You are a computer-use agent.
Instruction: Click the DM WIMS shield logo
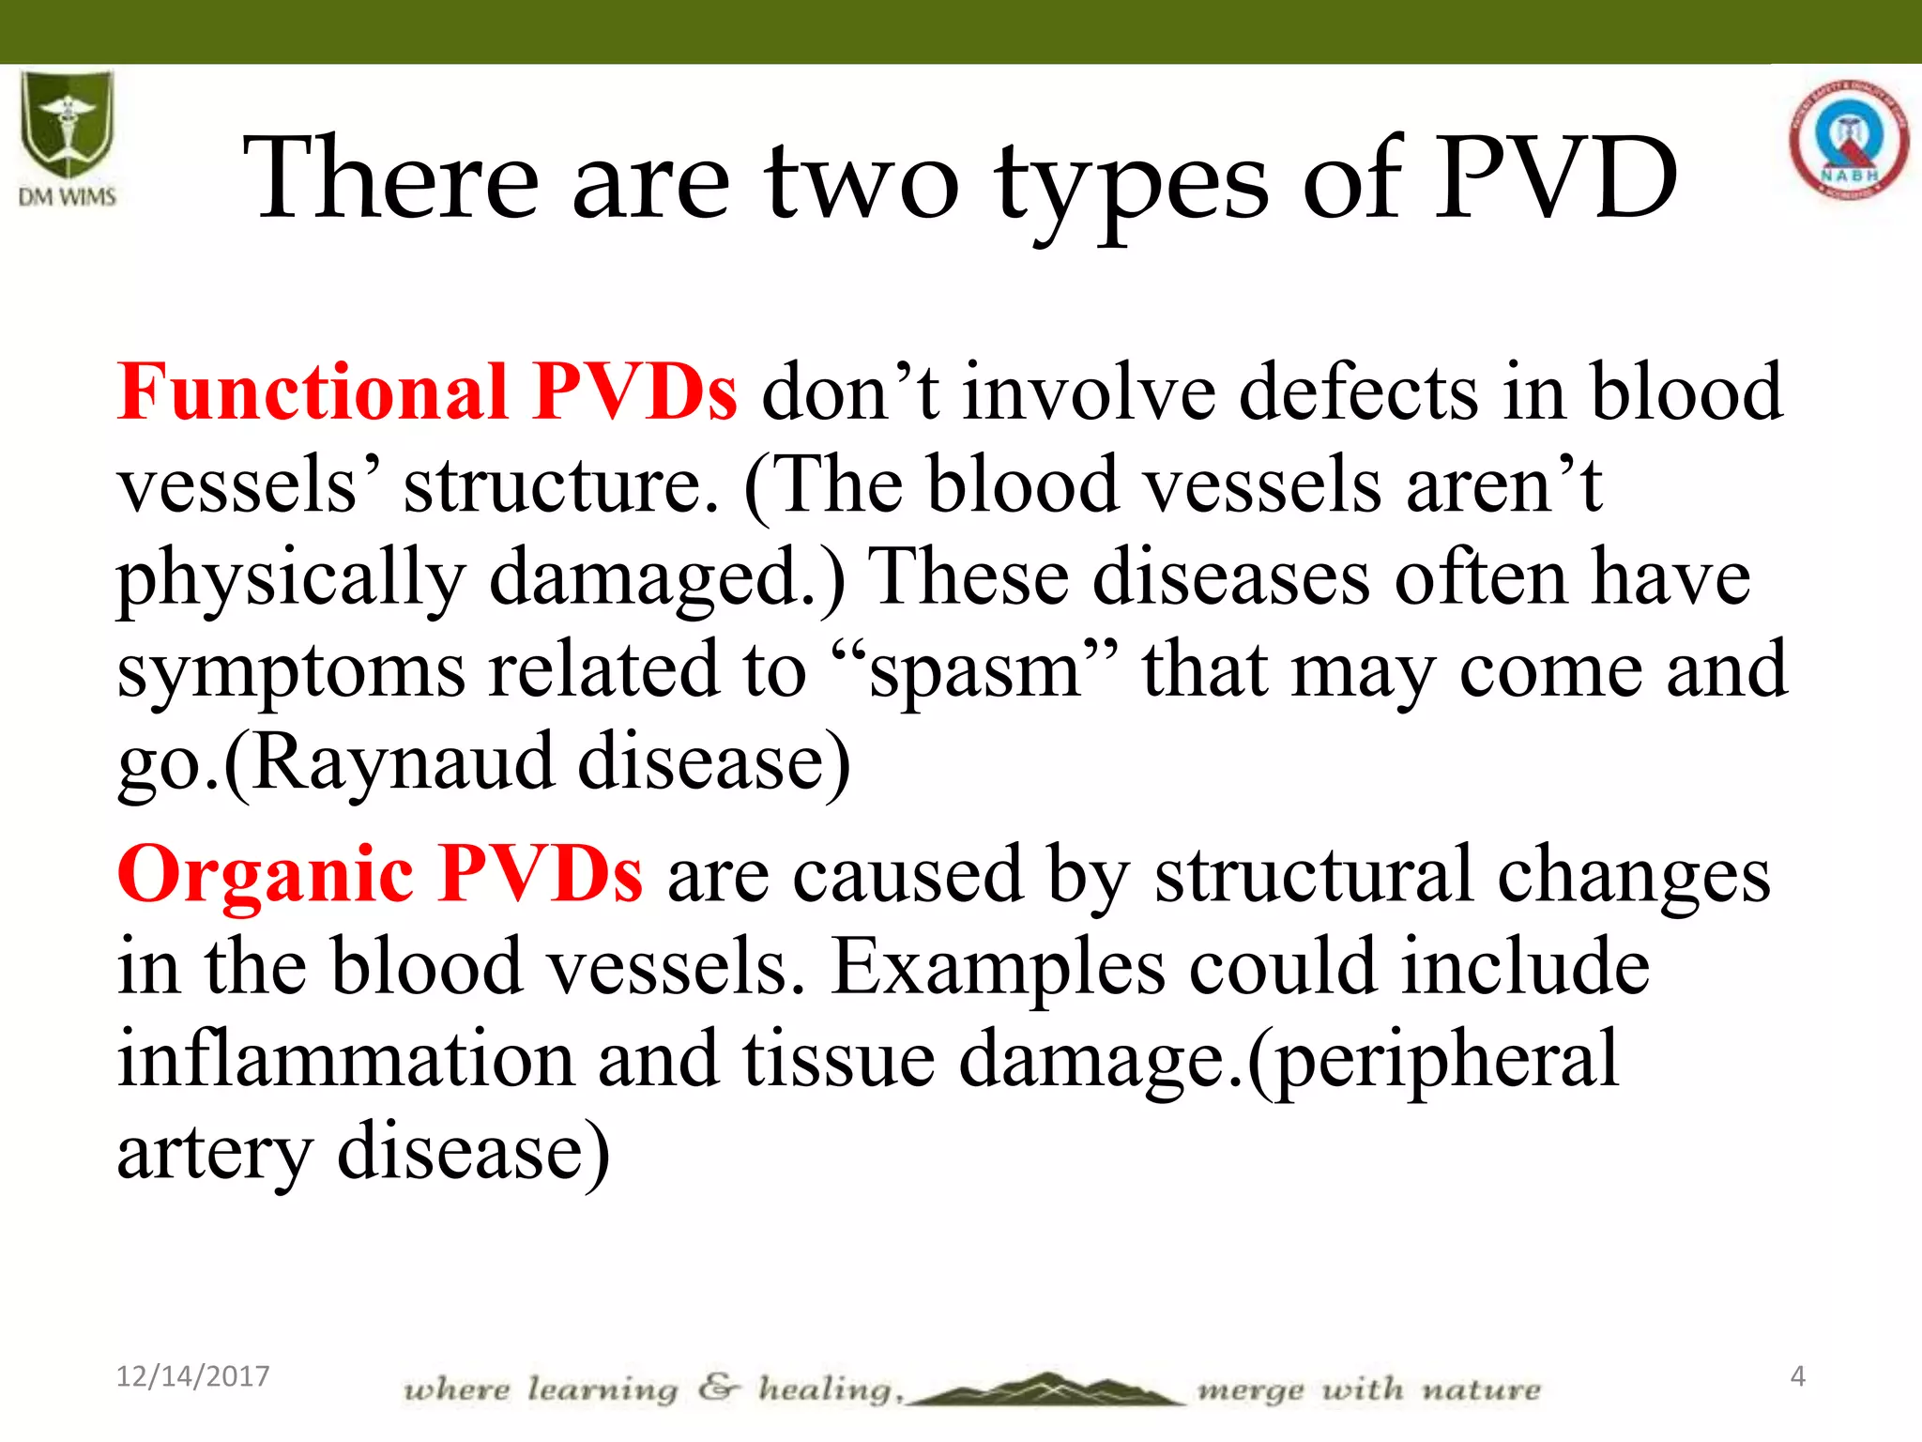(68, 127)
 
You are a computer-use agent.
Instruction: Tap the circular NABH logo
(1849, 141)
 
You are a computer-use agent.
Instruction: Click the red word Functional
(313, 391)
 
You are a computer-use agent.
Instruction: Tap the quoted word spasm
(975, 670)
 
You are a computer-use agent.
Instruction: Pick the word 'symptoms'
(291, 672)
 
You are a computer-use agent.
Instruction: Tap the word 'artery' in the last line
(214, 1153)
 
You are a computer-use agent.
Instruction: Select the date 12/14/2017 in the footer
(192, 1376)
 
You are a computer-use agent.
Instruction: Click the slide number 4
(1797, 1376)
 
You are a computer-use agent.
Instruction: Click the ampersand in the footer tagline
(718, 1388)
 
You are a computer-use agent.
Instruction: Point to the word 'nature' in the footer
(1481, 1389)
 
